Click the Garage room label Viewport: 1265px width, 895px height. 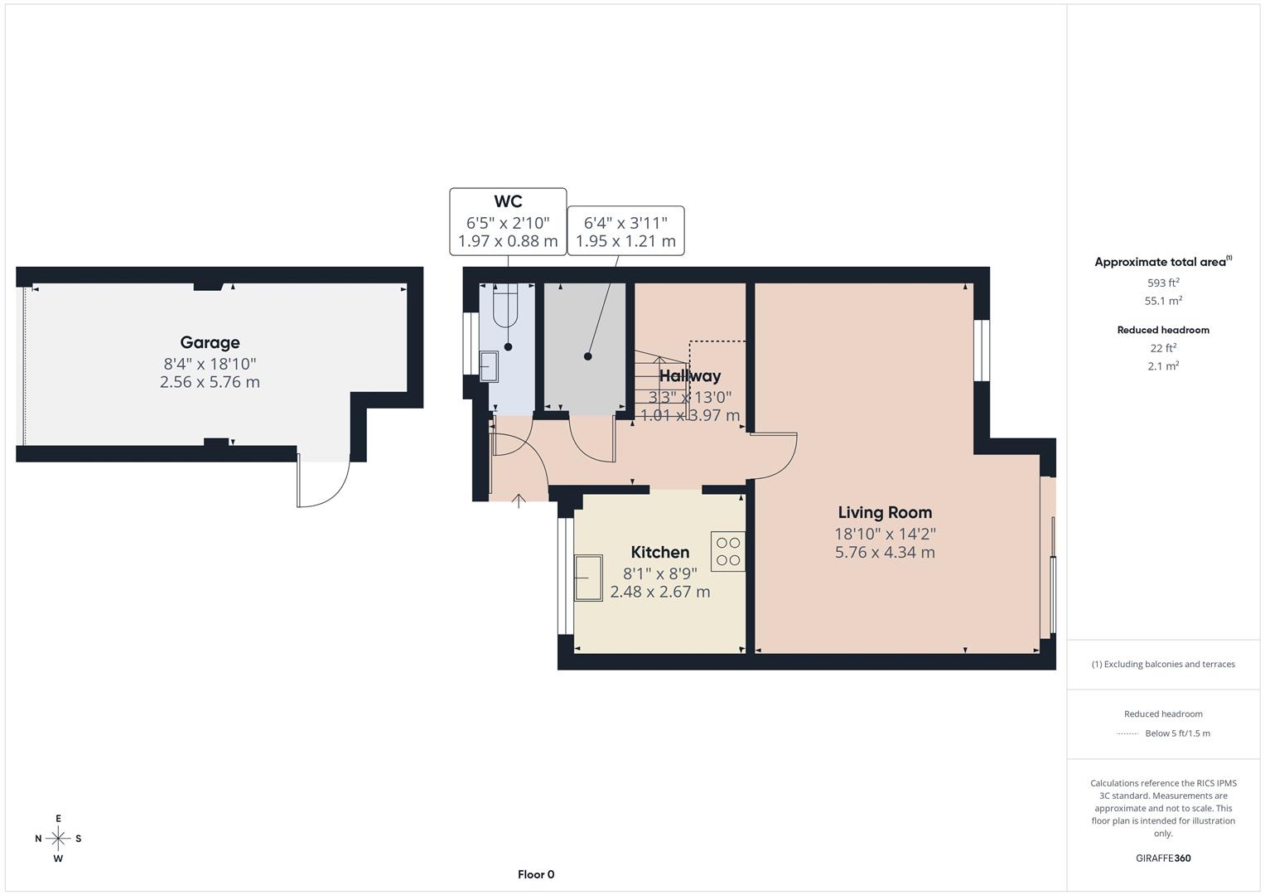(210, 342)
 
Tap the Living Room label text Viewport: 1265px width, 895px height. (885, 512)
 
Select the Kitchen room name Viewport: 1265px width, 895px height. (659, 552)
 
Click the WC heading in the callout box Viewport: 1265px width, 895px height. (508, 201)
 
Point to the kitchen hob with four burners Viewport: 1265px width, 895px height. (728, 552)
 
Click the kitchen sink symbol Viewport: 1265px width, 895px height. (588, 577)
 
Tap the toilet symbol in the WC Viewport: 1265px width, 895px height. (505, 306)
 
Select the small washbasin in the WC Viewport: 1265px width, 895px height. (490, 365)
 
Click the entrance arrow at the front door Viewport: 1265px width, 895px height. (519, 500)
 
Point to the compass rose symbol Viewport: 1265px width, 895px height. (58, 839)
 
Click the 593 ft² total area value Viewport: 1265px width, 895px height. (1163, 283)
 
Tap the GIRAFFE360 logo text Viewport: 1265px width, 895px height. (1163, 858)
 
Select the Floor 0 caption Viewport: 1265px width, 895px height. (536, 874)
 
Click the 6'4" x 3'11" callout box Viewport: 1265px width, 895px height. (625, 231)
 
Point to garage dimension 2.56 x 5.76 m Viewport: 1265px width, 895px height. (210, 382)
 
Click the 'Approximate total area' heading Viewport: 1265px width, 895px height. (1160, 262)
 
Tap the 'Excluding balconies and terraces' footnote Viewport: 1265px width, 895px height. (1163, 664)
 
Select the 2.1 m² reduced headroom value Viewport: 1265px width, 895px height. (1163, 365)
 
